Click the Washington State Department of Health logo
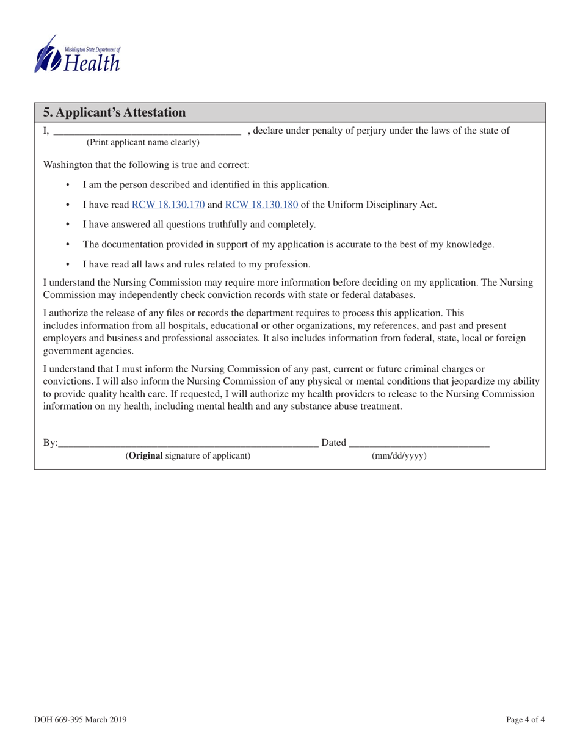(77, 54)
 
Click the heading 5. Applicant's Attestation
(114, 112)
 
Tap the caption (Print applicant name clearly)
(143, 143)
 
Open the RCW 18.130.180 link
(261, 205)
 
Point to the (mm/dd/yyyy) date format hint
(399, 456)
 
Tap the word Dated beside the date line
(333, 443)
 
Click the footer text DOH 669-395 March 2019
(80, 720)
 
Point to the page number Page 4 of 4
(526, 720)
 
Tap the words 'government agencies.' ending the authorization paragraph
(88, 351)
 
